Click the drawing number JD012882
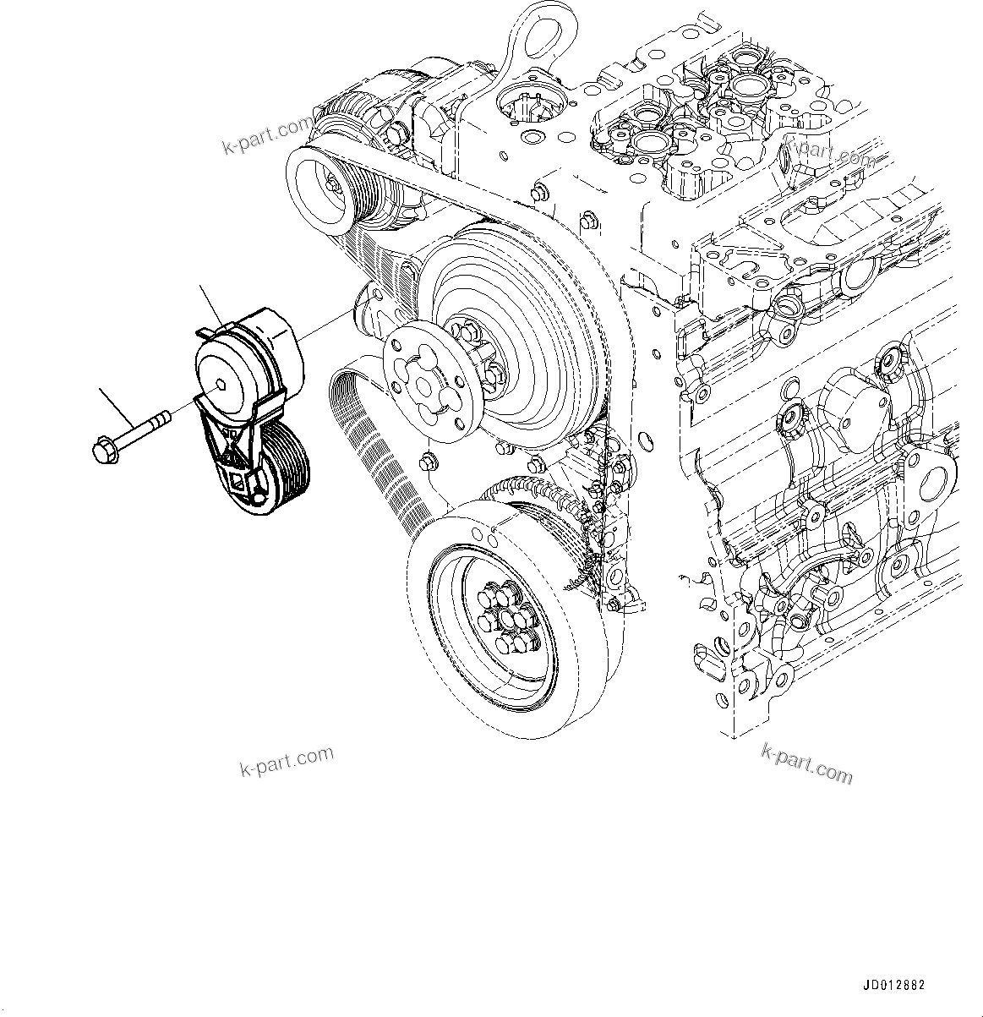pos(894,986)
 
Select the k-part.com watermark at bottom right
pos(806,762)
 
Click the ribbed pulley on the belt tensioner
pos(283,468)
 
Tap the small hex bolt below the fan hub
pos(429,465)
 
